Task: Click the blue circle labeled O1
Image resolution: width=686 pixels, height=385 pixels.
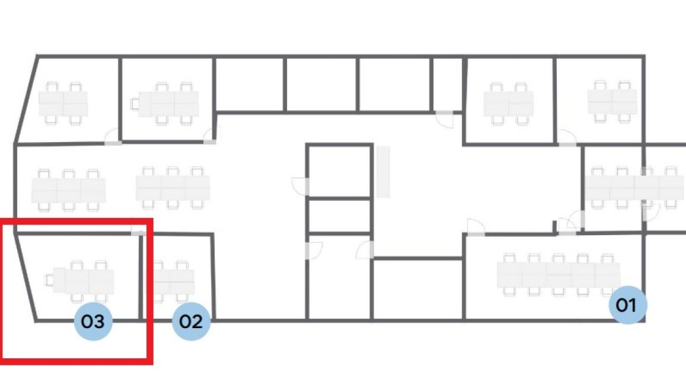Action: coord(628,304)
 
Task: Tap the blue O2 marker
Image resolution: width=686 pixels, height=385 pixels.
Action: coord(191,321)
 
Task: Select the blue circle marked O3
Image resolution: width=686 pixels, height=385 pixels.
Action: coord(93,321)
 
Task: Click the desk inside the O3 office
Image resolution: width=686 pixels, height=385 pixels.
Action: coord(83,281)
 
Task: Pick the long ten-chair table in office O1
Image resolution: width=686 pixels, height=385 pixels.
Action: coord(559,274)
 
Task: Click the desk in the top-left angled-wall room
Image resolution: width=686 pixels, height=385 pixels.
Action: coord(63,104)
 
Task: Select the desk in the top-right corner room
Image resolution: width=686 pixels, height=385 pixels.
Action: coord(612,101)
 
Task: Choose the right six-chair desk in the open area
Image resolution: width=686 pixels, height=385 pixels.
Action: coord(173,188)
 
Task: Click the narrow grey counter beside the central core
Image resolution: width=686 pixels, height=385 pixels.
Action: coord(383,172)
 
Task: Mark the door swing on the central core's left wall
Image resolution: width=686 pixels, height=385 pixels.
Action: coord(300,186)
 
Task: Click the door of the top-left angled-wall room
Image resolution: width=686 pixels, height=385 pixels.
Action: coord(112,137)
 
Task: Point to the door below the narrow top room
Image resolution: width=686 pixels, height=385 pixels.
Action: coord(445,119)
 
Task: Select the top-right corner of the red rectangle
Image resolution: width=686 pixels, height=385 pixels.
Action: coord(151,221)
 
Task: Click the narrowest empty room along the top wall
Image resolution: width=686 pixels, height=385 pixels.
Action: coord(447,85)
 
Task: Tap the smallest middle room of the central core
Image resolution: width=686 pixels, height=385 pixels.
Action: coord(339,216)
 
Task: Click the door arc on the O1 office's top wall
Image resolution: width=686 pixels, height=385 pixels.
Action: coord(476,227)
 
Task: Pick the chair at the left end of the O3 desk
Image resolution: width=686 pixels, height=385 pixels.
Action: coord(49,280)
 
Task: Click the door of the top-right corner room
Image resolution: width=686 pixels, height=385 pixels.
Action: coord(567,137)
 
